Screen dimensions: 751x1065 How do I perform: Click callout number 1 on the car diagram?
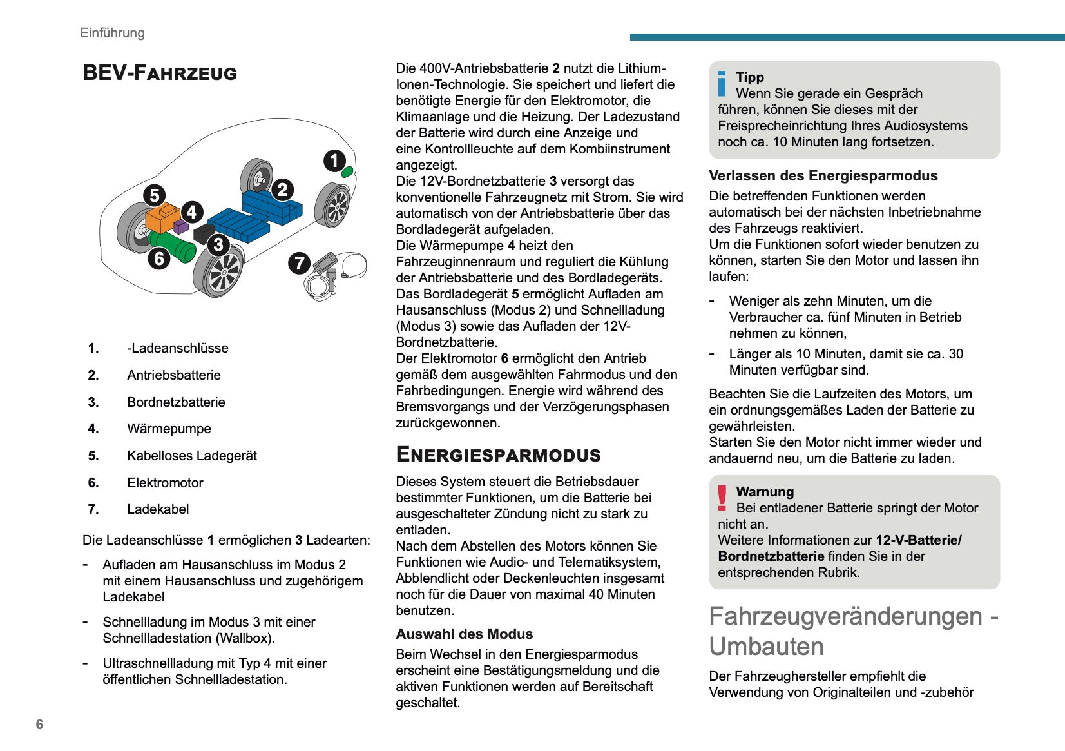pyautogui.click(x=334, y=161)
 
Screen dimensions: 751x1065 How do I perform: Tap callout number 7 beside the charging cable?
pyautogui.click(x=299, y=263)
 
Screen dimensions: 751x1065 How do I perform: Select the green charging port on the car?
pyautogui.click(x=347, y=171)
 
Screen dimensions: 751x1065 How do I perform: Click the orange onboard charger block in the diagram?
pyautogui.click(x=161, y=217)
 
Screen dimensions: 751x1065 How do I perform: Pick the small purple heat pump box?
pyautogui.click(x=181, y=226)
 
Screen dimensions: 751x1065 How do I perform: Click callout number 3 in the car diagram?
pyautogui.click(x=218, y=244)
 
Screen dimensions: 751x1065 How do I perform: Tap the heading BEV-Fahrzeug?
pyautogui.click(x=160, y=73)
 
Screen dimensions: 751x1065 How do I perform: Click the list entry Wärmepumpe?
pyautogui.click(x=169, y=429)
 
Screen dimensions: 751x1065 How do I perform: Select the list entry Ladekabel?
pyautogui.click(x=158, y=509)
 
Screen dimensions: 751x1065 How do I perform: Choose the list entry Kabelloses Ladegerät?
pyautogui.click(x=192, y=456)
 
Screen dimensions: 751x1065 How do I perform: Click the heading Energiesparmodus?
pyautogui.click(x=498, y=454)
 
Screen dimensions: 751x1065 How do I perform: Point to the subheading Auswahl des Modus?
pyautogui.click(x=464, y=634)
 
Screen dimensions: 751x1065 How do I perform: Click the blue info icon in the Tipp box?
pyautogui.click(x=722, y=84)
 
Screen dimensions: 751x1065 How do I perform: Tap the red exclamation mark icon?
pyautogui.click(x=722, y=498)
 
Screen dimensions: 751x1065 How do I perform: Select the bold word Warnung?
pyautogui.click(x=765, y=492)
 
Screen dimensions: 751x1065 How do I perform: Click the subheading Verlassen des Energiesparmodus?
pyautogui.click(x=823, y=176)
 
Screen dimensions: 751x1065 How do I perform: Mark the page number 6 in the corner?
pyautogui.click(x=39, y=725)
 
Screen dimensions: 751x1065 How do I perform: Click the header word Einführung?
pyautogui.click(x=112, y=33)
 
